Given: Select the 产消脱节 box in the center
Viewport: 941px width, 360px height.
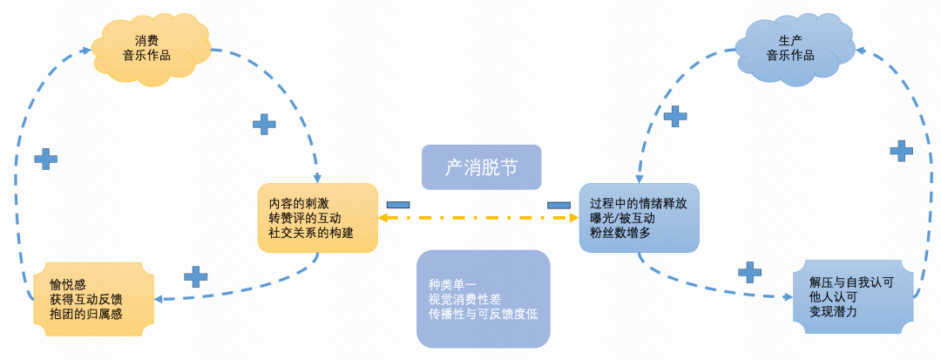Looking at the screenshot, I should [481, 167].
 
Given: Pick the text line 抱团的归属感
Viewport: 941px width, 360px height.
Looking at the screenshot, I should [86, 314].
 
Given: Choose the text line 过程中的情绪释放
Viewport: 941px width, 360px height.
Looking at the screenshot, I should [638, 203].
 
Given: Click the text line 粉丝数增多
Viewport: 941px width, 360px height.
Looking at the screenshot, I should [620, 233].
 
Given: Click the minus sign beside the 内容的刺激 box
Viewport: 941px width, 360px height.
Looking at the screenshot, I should [398, 204].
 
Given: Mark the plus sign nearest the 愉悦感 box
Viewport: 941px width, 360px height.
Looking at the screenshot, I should [196, 276].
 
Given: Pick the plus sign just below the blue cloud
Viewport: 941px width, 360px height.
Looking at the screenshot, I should [675, 116].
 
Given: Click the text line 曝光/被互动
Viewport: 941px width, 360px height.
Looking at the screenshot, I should [622, 218].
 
